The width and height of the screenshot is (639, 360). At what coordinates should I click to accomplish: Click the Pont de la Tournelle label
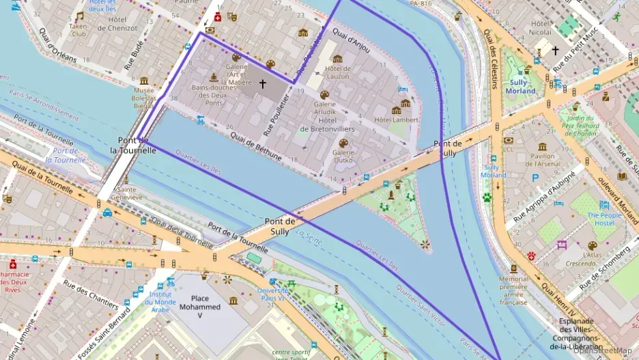[133, 145]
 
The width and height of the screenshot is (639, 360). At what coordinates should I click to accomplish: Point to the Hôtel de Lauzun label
[337, 72]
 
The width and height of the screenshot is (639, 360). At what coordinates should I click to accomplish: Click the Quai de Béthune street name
[256, 146]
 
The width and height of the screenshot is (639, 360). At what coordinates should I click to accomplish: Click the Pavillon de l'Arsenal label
[542, 160]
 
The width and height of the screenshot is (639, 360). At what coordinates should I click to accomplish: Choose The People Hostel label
[604, 219]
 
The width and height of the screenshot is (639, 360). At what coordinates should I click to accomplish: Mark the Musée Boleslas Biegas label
[144, 98]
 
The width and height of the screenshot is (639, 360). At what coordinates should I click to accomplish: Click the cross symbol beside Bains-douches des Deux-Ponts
[262, 84]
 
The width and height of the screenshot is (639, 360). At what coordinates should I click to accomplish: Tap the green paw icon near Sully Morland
[487, 197]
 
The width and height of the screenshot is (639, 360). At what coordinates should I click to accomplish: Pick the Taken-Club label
[79, 29]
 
